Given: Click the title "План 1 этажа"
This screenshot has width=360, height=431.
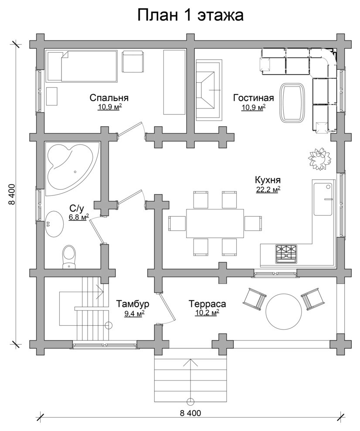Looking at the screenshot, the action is pos(190,15).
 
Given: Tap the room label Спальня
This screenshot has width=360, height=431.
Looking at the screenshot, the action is pos(109,98).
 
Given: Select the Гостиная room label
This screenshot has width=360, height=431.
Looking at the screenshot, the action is pos(254,98).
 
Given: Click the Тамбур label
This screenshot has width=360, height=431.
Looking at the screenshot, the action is pos(132,304).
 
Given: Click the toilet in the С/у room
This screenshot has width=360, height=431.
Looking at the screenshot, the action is pos(69,257).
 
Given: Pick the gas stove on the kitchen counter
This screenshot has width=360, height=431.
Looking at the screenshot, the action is pos(286,254).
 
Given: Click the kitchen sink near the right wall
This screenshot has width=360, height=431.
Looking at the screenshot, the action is pos(323,199).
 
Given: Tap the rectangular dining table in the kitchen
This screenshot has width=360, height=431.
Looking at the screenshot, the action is pos(215,223).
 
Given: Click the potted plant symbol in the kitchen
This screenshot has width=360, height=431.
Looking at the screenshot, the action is pos(320,159).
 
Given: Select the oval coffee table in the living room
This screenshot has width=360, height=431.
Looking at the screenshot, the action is pos(293,103).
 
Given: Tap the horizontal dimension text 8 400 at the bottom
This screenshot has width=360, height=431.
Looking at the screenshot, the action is pos(190,413).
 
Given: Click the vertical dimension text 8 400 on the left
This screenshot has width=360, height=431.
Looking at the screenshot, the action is pos(12,194).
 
